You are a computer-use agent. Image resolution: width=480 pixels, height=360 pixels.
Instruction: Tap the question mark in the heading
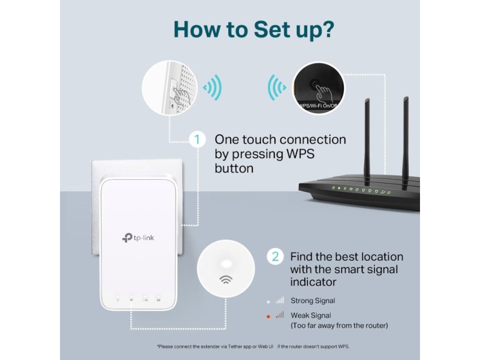pyautogui.click(x=327, y=29)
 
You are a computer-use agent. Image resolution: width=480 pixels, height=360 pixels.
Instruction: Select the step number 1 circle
pyautogui.click(x=198, y=140)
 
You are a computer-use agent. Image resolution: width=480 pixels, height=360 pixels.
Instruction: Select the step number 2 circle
pyautogui.click(x=275, y=256)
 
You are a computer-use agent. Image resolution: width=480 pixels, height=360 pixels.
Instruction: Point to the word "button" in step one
pyautogui.click(x=234, y=168)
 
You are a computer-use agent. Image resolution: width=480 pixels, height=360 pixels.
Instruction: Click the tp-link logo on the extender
pyautogui.click(x=138, y=238)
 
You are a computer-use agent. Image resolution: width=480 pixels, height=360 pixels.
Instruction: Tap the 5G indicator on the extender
pyautogui.click(x=158, y=299)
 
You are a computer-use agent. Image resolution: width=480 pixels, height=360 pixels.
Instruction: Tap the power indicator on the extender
pyautogui.click(x=118, y=299)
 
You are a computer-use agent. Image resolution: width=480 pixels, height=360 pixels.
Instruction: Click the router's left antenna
pyautogui.click(x=367, y=141)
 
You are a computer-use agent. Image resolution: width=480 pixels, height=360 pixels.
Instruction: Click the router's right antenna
pyautogui.click(x=405, y=136)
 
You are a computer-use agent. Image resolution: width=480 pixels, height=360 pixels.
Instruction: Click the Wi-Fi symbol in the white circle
pyautogui.click(x=226, y=280)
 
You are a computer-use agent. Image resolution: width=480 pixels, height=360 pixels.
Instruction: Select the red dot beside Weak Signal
pyautogui.click(x=268, y=316)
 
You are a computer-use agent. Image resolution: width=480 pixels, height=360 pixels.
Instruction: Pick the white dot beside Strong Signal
pyautogui.click(x=268, y=301)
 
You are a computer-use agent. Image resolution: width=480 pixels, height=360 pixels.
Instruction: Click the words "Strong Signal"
pyautogui.click(x=313, y=301)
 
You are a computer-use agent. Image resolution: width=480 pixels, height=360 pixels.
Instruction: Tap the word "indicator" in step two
pyautogui.click(x=313, y=282)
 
